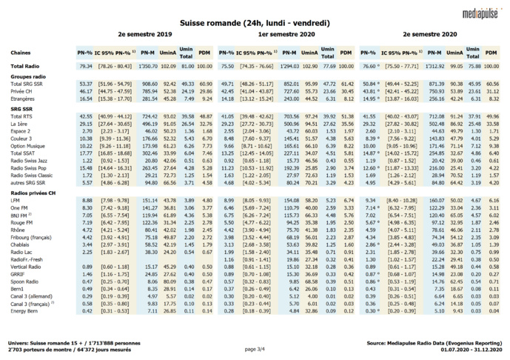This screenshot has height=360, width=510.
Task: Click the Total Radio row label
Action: [x=27, y=67]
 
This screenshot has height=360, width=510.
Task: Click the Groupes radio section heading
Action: [x=28, y=76]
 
